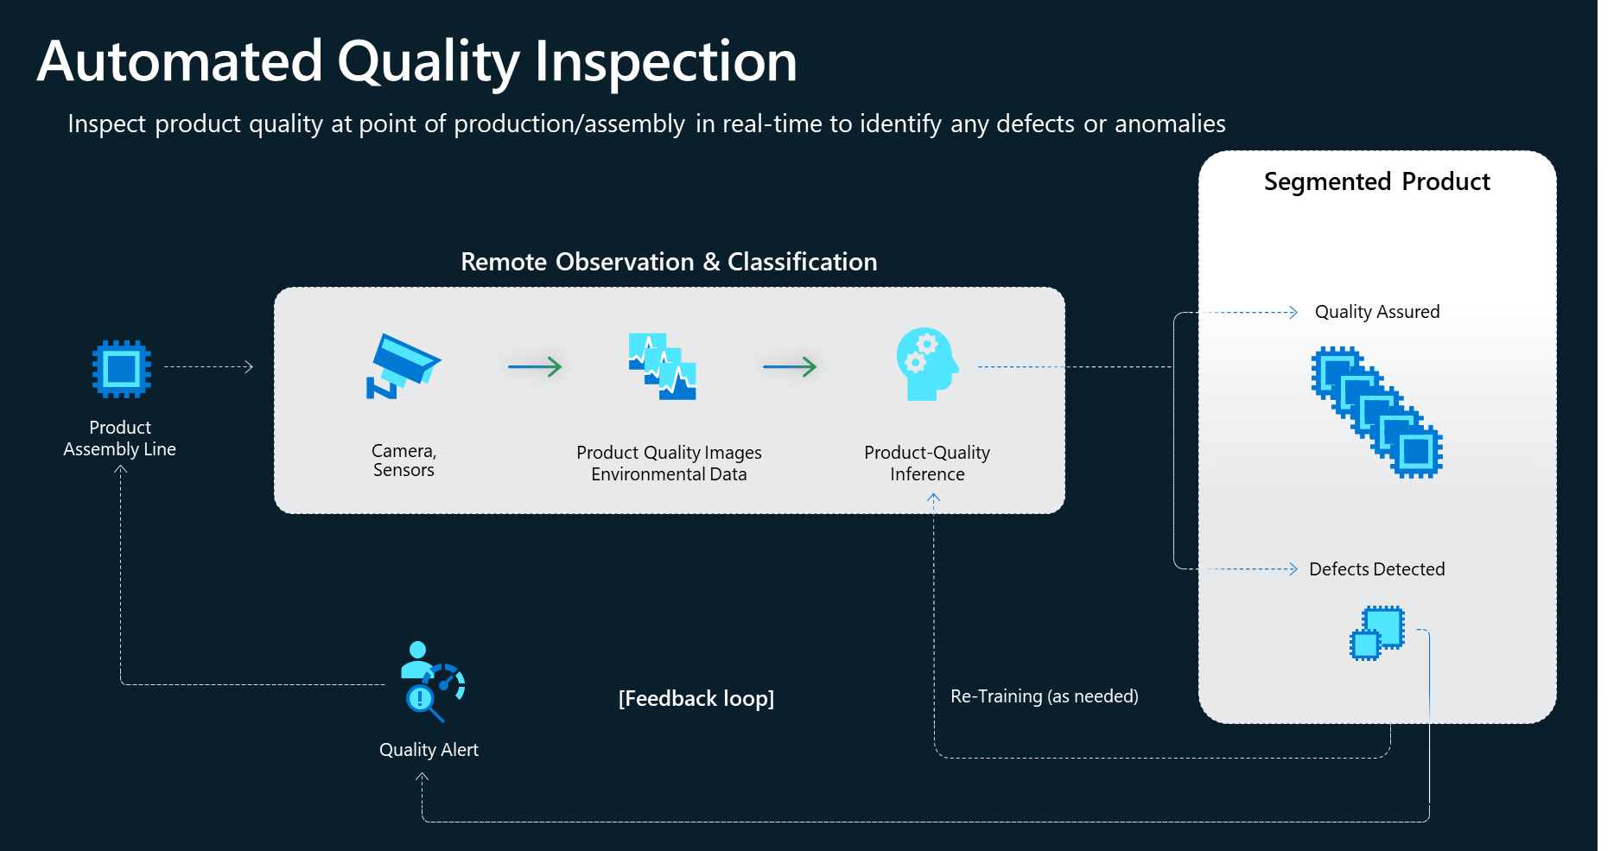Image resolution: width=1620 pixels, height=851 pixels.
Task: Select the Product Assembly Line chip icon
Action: point(122,369)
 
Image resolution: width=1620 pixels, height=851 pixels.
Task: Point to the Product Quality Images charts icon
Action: point(662,366)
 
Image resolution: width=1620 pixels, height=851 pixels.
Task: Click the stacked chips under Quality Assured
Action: point(1376,412)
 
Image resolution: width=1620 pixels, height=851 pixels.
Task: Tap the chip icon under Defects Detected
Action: point(1377,632)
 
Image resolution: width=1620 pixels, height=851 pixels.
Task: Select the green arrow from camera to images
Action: point(535,367)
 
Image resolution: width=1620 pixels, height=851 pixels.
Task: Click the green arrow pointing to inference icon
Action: point(790,367)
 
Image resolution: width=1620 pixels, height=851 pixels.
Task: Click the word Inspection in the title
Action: point(665,62)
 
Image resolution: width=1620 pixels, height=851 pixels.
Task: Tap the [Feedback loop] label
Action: point(696,698)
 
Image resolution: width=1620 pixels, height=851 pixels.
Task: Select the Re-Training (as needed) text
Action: point(1044,696)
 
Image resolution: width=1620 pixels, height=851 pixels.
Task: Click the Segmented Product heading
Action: point(1376,181)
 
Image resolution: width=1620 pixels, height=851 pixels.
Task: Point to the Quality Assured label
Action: point(1376,312)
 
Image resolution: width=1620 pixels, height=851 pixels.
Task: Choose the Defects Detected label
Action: point(1376,569)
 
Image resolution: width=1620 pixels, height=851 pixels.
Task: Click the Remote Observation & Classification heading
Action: point(669,262)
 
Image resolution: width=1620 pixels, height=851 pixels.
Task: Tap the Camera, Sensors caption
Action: point(403,460)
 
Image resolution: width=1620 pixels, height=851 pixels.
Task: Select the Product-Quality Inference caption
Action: point(927,463)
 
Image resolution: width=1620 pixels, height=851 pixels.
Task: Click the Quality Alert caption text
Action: point(429,750)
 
